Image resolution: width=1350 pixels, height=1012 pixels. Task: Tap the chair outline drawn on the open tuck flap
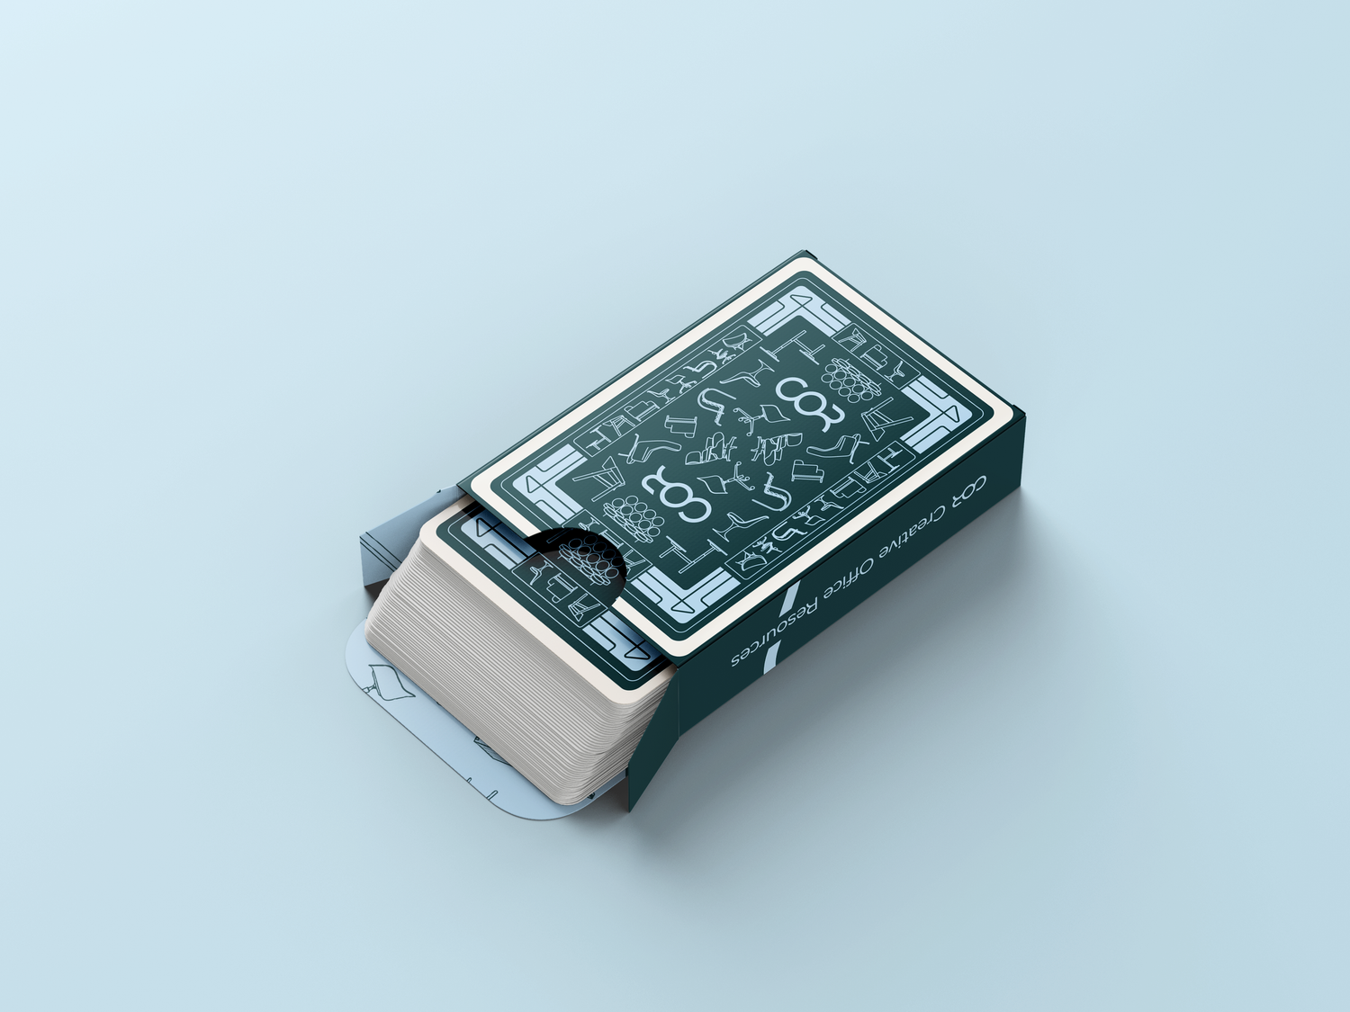pos(391,681)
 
